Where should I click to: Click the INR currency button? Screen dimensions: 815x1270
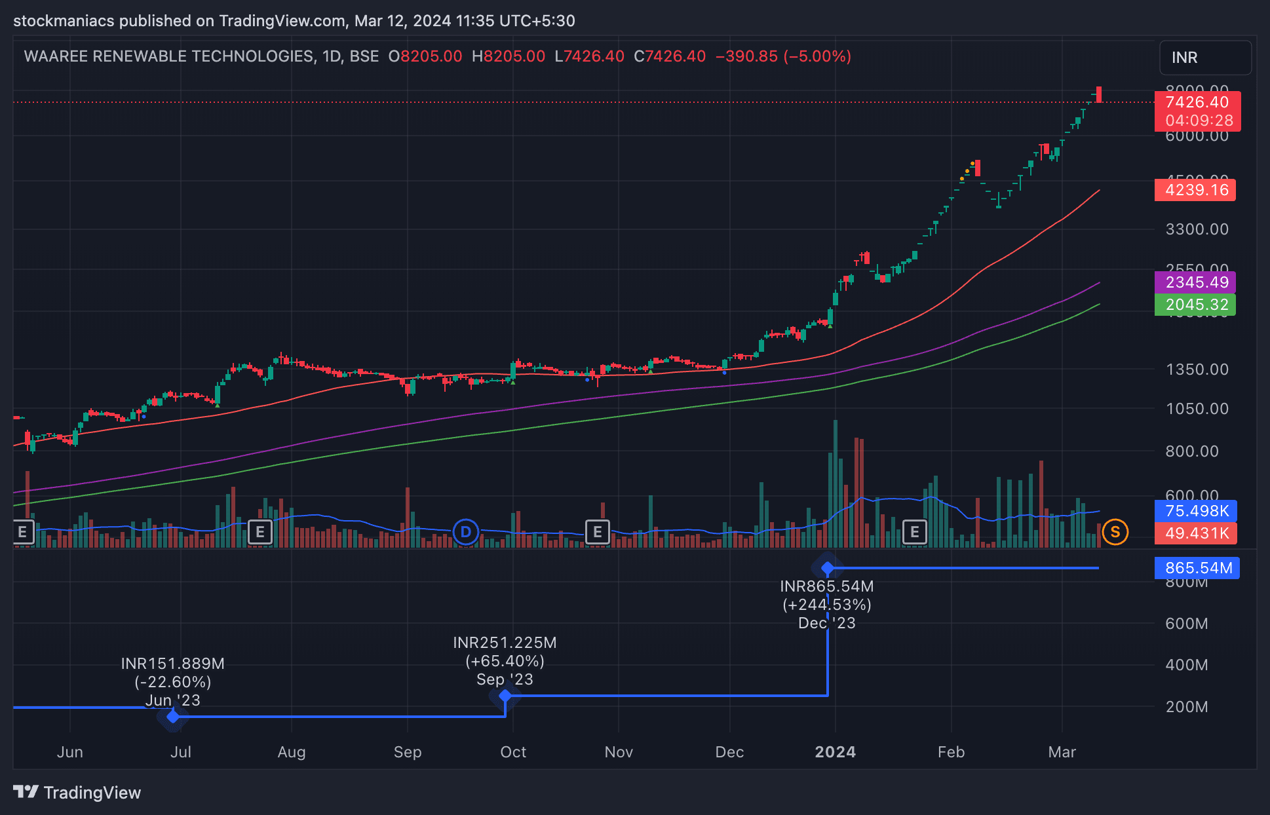coord(1204,58)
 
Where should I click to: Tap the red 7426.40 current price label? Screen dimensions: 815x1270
coord(1197,103)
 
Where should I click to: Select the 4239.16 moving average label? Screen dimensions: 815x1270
coord(1195,190)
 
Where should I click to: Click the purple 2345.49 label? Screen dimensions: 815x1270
coord(1195,282)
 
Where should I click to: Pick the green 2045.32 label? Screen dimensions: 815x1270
coord(1195,305)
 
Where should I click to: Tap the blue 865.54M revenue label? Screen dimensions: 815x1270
coord(1197,568)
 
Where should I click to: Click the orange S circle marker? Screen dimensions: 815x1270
coord(1115,532)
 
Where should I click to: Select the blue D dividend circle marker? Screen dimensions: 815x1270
coord(466,532)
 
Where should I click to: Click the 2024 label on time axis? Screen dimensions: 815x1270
coord(835,752)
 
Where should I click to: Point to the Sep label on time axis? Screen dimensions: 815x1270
coord(407,752)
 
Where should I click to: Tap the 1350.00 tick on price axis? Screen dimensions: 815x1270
coord(1197,370)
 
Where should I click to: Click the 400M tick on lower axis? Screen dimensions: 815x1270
coord(1186,665)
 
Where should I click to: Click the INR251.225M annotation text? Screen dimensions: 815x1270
coord(505,643)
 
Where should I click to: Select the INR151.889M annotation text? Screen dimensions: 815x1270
coord(172,664)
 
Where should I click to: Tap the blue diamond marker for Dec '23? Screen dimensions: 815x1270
coord(828,567)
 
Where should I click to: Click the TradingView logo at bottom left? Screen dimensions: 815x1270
coord(77,793)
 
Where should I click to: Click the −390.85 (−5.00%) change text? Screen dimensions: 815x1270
coord(783,56)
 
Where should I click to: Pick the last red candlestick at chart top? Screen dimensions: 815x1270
coord(1099,94)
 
